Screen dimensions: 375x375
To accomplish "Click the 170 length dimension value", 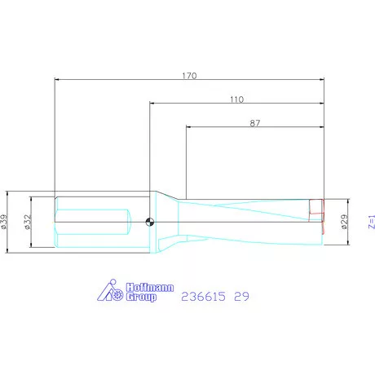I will point(189,75).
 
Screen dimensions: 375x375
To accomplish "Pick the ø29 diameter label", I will point(345,221).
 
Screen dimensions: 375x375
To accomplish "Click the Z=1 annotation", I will point(369,221).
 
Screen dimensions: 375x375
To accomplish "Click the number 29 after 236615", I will point(241,298).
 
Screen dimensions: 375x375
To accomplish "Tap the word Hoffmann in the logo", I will point(147,288).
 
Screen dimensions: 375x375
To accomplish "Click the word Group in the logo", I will point(140,298).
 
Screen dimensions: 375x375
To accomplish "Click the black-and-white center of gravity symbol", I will point(149,221).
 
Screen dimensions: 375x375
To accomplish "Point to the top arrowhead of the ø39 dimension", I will point(8,193).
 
